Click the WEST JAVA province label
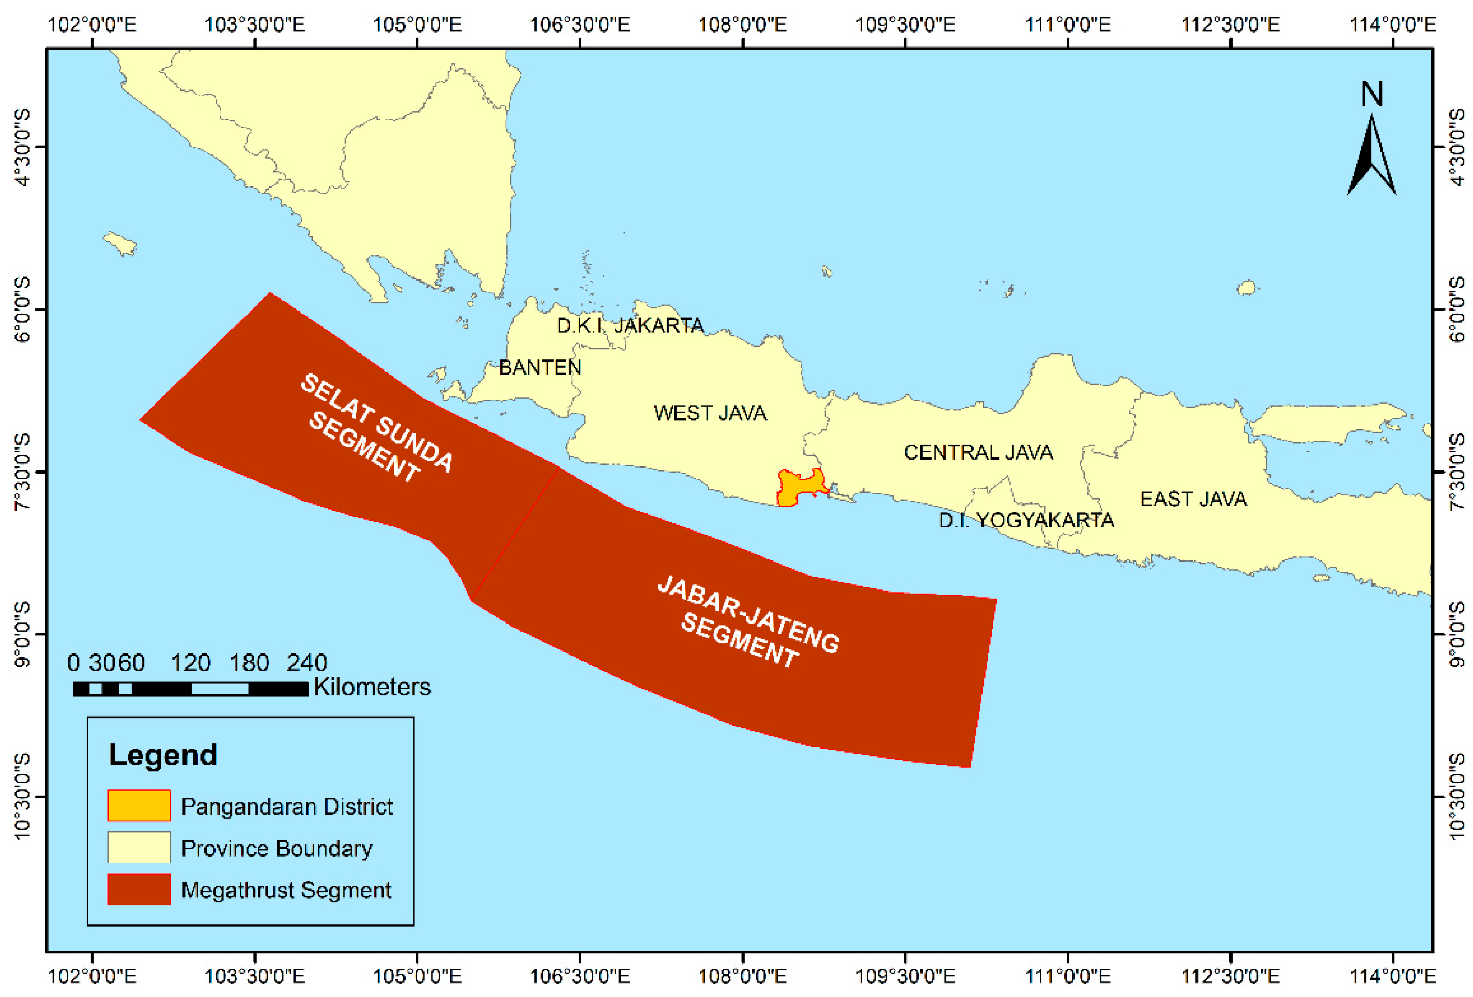(x=710, y=413)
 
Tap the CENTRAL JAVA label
(x=978, y=453)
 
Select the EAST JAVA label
(x=1193, y=499)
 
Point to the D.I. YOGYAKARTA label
(x=1026, y=520)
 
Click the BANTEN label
(x=539, y=367)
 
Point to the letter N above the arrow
(x=1371, y=95)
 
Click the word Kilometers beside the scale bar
(x=372, y=687)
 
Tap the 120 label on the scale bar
(x=190, y=663)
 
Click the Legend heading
(x=163, y=755)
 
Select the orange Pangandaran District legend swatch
(x=139, y=805)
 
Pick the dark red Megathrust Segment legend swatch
(x=139, y=889)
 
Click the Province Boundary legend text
(x=277, y=848)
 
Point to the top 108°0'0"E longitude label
(x=742, y=25)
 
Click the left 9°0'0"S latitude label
(x=22, y=634)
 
